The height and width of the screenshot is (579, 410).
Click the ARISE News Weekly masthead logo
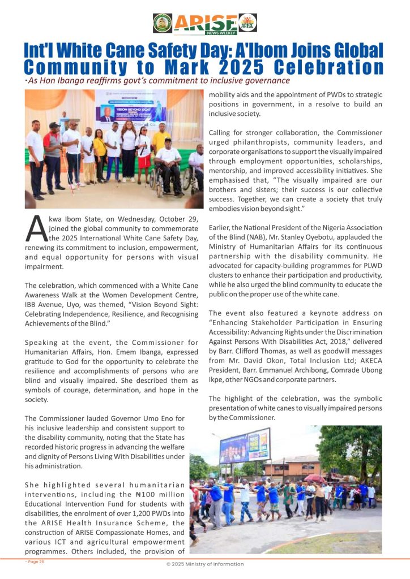pyautogui.click(x=205, y=24)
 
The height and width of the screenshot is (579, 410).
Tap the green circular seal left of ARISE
pyautogui.click(x=163, y=23)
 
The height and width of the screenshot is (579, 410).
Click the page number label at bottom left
pyautogui.click(x=35, y=561)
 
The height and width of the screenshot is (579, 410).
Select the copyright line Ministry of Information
pyautogui.click(x=204, y=564)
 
